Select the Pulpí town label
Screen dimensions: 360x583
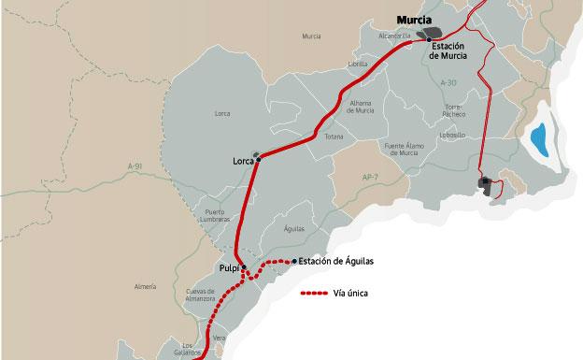228,268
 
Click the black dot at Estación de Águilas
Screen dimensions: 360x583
294,261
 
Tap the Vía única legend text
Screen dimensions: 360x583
350,293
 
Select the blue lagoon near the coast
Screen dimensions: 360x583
539,141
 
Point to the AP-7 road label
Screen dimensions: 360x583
371,175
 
